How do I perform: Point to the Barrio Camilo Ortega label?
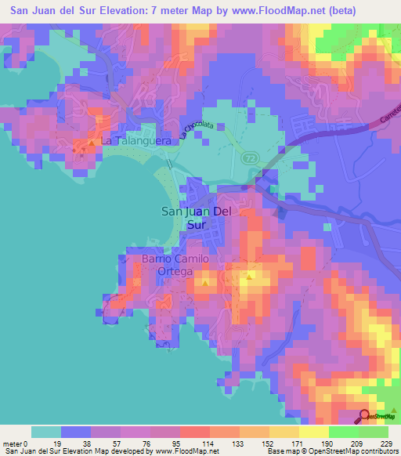pyautogui.click(x=175, y=265)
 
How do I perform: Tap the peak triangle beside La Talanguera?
pyautogui.click(x=92, y=143)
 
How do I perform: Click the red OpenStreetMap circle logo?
pyautogui.click(x=366, y=415)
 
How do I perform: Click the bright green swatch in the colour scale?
pyautogui.click(x=343, y=432)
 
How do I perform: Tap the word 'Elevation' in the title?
pyautogui.click(x=148, y=11)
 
